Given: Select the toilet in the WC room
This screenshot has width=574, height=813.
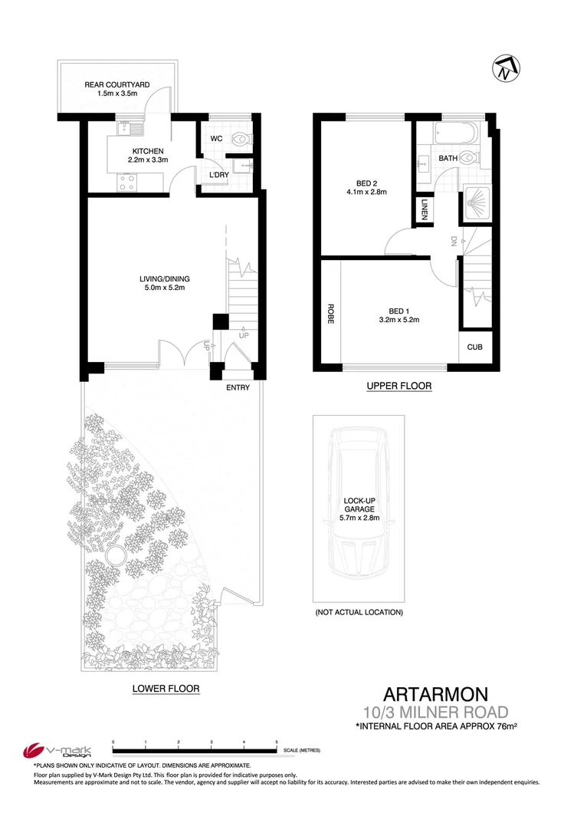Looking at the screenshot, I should (x=241, y=140).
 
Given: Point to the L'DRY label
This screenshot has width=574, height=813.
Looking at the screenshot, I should (x=221, y=176).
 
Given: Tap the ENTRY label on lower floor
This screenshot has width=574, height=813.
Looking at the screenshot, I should (x=238, y=389).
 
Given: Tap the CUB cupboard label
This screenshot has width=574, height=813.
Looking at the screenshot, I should (x=475, y=347).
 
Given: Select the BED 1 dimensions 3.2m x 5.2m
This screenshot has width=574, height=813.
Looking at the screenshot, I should (x=399, y=321).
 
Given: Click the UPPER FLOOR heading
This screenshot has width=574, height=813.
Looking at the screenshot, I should (x=398, y=387).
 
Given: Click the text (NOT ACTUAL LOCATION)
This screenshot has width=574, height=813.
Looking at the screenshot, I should (x=359, y=612).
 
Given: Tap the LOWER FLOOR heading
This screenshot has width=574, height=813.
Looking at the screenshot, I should (x=166, y=689).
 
